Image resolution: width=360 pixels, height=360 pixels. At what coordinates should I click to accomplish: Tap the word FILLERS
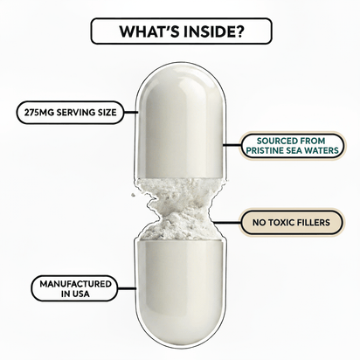[x=319, y=223]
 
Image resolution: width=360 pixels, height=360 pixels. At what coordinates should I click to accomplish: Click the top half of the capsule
[x=181, y=114]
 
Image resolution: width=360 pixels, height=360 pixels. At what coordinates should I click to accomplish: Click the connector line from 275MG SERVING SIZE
[x=130, y=111]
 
